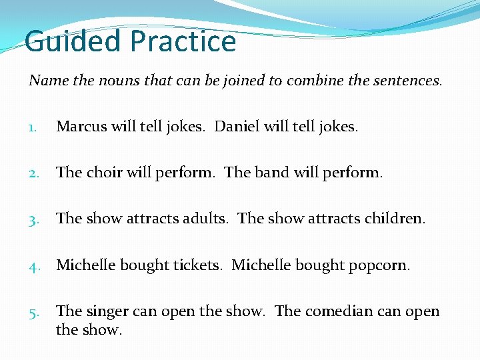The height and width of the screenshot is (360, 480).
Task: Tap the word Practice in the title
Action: click(x=183, y=41)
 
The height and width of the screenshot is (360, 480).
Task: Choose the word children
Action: click(x=394, y=219)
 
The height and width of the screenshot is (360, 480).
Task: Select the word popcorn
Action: click(x=381, y=265)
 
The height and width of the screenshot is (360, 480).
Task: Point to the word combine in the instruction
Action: click(x=313, y=81)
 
